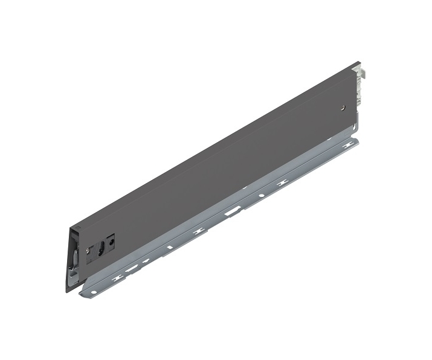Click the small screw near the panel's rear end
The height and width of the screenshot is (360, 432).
coord(343,109)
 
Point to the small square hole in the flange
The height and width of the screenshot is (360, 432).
coord(170,247)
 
